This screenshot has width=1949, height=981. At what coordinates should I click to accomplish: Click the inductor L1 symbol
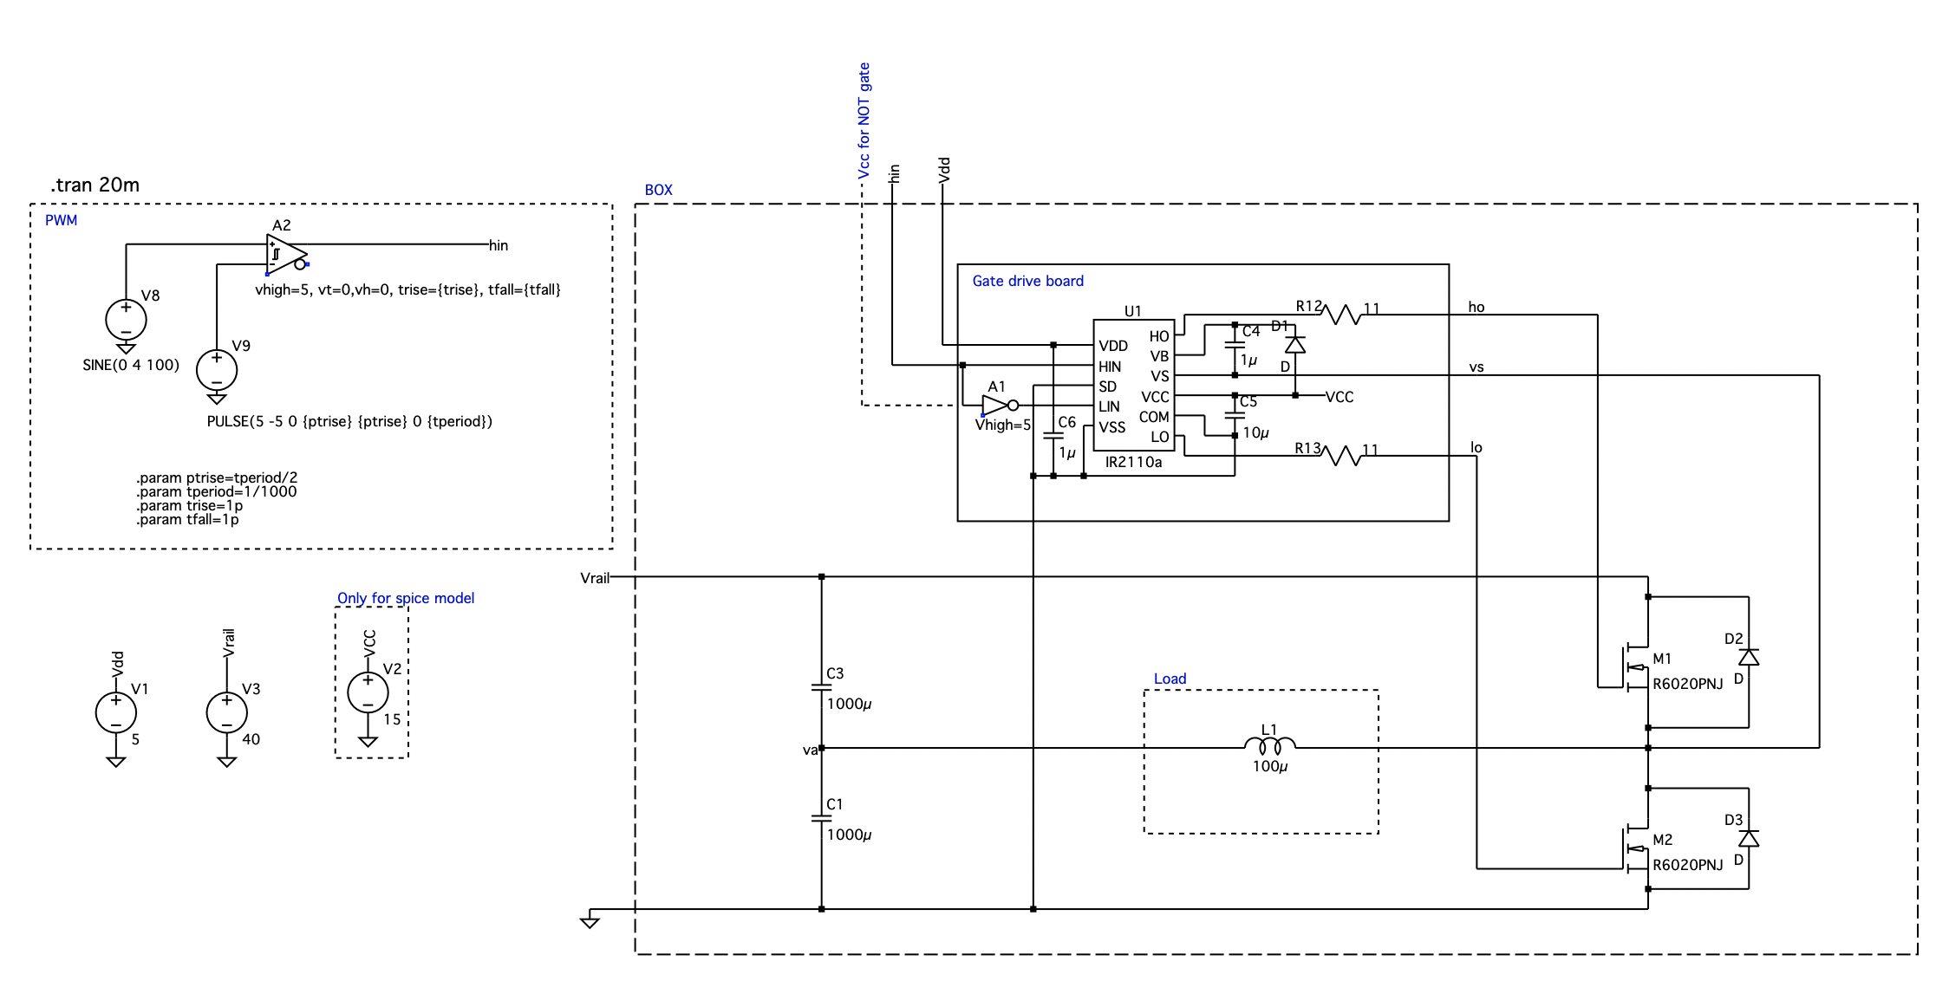click(1270, 743)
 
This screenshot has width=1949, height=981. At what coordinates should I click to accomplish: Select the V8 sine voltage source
click(126, 320)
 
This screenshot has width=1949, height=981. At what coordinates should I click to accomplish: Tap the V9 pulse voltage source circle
click(217, 370)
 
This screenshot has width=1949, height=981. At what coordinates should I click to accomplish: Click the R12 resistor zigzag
click(1343, 314)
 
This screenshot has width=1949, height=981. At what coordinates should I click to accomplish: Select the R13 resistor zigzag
click(1343, 455)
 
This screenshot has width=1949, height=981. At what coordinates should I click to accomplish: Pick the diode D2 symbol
click(1749, 657)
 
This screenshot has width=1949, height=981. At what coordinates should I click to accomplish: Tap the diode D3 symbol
click(1749, 838)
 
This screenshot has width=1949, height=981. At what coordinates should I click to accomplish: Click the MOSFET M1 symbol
click(1635, 667)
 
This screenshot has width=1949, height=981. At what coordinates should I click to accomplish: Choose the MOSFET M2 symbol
click(1635, 848)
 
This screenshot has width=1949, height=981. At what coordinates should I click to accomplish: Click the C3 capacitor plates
click(821, 687)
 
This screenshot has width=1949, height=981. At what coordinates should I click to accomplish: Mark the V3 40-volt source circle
click(227, 713)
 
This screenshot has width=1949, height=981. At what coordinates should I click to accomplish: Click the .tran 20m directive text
click(95, 185)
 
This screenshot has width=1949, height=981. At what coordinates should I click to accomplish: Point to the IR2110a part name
click(1133, 462)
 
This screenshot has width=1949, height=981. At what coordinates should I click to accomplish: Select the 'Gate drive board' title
click(1027, 281)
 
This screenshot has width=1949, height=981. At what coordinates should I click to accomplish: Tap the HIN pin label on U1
click(1110, 367)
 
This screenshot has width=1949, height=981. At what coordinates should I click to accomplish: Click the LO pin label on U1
click(1160, 438)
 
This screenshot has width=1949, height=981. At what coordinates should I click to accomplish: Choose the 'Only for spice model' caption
click(406, 598)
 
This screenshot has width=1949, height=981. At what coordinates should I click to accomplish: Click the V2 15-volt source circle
click(368, 692)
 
